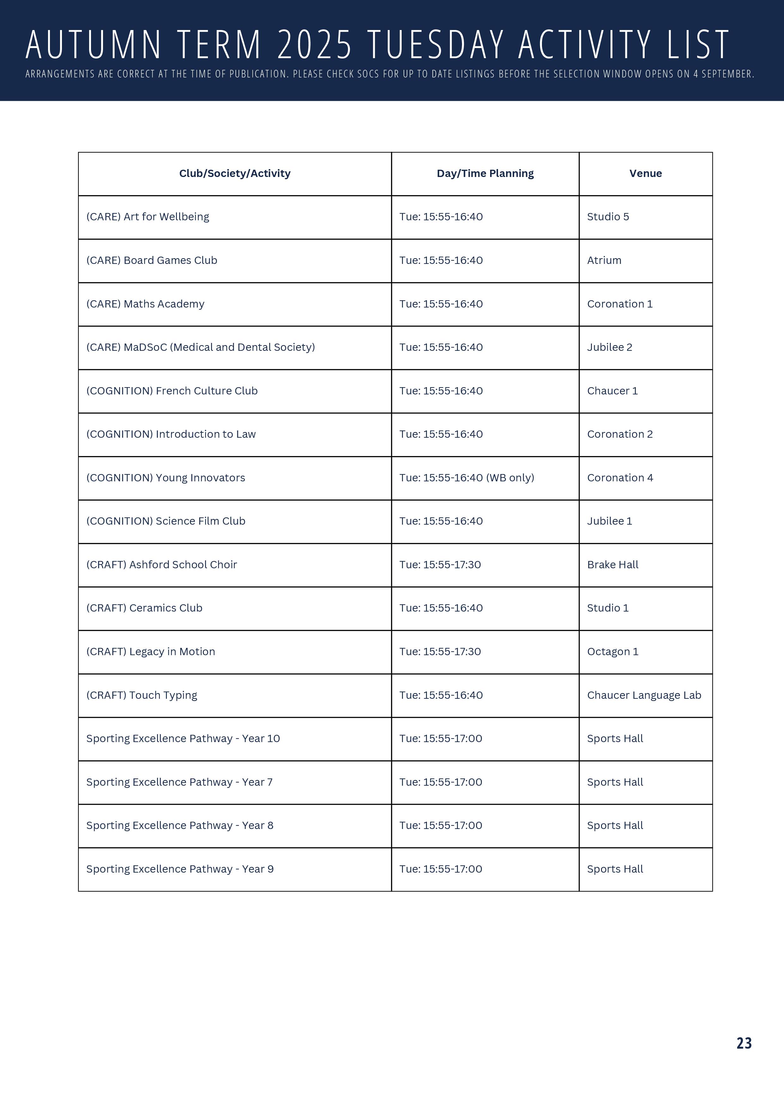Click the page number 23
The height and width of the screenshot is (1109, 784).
(744, 1043)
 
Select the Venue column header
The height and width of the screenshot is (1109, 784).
(645, 174)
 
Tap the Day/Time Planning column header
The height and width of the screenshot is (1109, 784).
(485, 174)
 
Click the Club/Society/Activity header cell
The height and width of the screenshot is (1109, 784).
(235, 174)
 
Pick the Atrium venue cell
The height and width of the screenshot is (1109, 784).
(604, 260)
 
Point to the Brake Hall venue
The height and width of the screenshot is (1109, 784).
(612, 565)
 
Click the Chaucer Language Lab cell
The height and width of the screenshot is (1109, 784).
(644, 695)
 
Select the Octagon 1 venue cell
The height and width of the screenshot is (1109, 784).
(612, 652)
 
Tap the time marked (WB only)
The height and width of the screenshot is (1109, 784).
(467, 478)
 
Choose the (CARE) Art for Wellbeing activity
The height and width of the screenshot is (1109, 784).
(148, 217)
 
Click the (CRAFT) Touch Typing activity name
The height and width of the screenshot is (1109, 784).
(142, 695)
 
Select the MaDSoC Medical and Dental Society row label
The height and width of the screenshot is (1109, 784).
(200, 347)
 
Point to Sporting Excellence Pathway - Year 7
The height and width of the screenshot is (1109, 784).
(179, 782)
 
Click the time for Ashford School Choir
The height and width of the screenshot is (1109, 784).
(440, 565)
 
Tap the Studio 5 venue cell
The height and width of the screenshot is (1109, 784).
(608, 217)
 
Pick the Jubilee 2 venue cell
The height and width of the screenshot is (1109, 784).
(610, 347)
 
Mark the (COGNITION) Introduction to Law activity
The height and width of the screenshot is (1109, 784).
(171, 434)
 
